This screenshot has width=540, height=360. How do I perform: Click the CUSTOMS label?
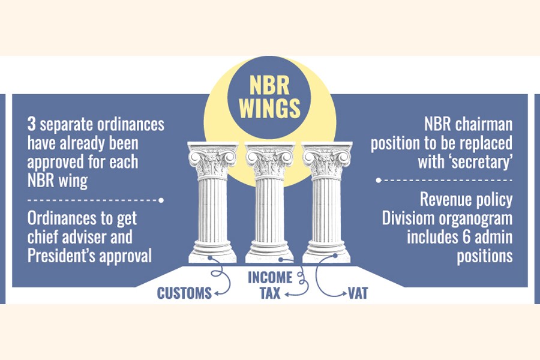click(184, 293)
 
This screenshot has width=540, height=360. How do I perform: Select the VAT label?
click(358, 294)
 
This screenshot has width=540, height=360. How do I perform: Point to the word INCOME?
click(270, 278)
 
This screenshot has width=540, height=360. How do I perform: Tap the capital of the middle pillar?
click(268, 159)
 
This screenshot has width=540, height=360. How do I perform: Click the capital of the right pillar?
click(326, 159)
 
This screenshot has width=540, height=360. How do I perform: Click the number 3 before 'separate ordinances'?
click(31, 126)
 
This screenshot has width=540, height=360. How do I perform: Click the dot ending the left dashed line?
click(161, 199)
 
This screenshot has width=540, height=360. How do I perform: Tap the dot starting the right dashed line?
click(379, 179)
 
